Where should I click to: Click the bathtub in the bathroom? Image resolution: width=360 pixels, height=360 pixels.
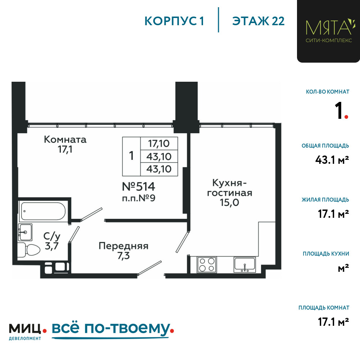point(44,211)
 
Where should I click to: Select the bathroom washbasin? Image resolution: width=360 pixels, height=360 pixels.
point(25,232)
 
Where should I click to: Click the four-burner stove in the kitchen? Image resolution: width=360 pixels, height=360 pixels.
point(207,265)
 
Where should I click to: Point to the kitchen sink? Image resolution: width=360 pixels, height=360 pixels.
point(244,265)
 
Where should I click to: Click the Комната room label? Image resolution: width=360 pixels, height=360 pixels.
point(65,139)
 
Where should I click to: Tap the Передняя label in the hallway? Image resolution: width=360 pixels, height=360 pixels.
point(123,246)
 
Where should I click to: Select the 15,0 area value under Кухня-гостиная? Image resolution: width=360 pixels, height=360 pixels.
point(229,202)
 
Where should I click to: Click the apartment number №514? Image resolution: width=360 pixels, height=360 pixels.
point(139,186)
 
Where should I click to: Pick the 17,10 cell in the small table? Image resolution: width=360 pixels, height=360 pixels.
point(159,144)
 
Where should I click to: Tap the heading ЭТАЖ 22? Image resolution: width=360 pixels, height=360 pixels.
point(258,21)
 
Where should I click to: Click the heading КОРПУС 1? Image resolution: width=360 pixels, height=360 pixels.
point(174,21)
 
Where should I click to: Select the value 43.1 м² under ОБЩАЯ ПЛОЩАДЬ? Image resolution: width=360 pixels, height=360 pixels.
point(332,159)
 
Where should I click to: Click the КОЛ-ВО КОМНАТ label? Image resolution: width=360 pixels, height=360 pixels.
point(328,92)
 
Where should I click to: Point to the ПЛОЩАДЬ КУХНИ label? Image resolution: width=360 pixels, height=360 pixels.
point(326,254)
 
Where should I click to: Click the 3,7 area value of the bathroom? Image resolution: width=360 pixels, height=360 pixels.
point(51,246)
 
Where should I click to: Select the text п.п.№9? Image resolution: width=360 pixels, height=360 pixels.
point(139,198)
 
